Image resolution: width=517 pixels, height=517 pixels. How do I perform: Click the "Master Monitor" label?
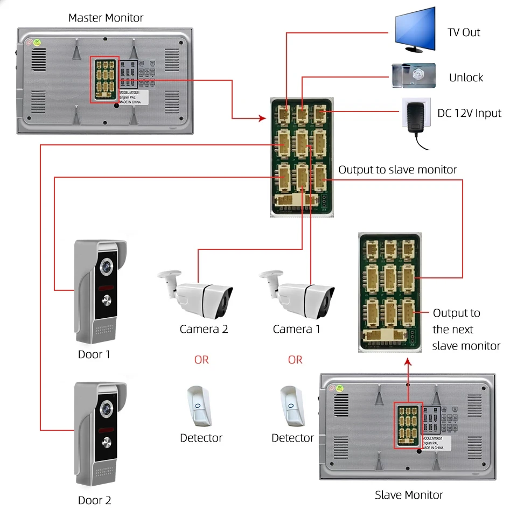point(106,18)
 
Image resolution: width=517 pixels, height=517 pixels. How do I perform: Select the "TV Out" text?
point(464,32)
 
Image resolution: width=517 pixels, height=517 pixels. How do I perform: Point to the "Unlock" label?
point(466,78)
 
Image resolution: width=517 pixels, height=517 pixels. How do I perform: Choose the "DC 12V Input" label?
point(469,113)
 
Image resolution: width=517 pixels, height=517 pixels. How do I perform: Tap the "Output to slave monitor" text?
point(397,170)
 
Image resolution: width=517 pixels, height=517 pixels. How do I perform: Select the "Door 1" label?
point(94,354)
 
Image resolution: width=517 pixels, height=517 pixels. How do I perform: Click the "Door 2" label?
point(94,500)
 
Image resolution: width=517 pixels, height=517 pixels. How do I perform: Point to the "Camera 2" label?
point(204,329)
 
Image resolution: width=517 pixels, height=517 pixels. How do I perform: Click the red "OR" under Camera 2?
point(201,359)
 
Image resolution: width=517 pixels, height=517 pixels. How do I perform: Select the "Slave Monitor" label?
point(409,494)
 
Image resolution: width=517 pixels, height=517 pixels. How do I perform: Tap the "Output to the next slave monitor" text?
point(466,329)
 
